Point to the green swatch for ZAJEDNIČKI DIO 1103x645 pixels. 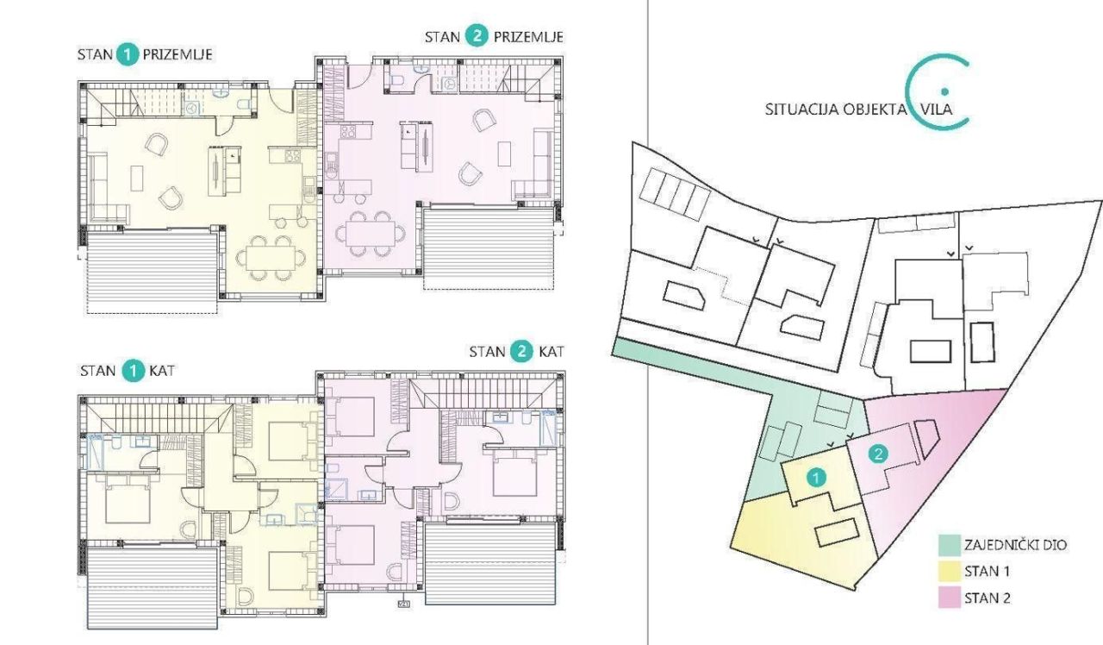pyautogui.click(x=949, y=545)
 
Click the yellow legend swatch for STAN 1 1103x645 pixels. pyautogui.click(x=949, y=571)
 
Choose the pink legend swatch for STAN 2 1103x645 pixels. pyautogui.click(x=949, y=597)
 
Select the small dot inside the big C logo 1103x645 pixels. pyautogui.click(x=944, y=91)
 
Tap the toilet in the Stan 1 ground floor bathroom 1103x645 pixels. pyautogui.click(x=246, y=105)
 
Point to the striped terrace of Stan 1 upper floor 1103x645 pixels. pyautogui.click(x=153, y=582)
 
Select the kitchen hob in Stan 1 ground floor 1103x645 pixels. pyautogui.click(x=291, y=156)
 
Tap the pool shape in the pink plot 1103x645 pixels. pyautogui.click(x=926, y=438)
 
